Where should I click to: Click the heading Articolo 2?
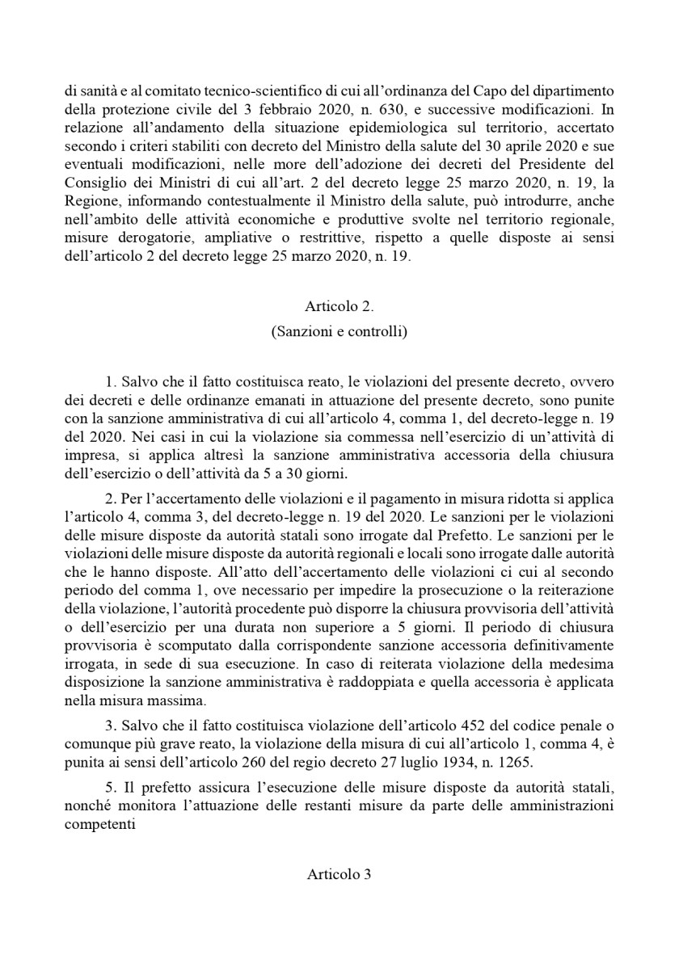point(339,306)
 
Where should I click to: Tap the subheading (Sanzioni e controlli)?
point(339,331)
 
